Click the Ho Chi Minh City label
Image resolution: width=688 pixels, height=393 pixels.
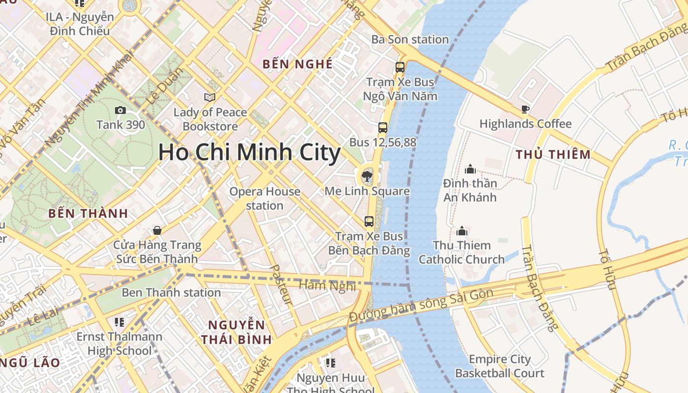[x=249, y=153]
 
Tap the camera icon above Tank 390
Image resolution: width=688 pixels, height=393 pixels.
[x=120, y=111]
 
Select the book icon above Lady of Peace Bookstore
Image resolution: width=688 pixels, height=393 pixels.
[x=210, y=97]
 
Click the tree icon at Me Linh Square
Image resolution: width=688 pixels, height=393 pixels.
[x=367, y=175]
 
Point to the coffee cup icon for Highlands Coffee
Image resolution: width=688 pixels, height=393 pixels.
[x=525, y=109]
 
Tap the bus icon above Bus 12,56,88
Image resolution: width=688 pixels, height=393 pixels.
[x=383, y=128]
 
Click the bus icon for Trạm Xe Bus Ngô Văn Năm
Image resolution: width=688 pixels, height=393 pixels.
[x=400, y=67]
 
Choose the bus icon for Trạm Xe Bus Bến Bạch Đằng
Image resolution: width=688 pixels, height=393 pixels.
[x=369, y=222]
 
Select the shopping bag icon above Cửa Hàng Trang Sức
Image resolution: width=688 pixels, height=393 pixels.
[x=157, y=230]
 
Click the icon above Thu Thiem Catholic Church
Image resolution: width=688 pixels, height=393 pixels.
[x=462, y=231]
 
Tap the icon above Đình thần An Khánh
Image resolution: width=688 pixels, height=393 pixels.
[x=470, y=169]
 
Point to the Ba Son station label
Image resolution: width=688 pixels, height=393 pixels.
[x=410, y=39]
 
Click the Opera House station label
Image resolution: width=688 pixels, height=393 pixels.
[x=265, y=198]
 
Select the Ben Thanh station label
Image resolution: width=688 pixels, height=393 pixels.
[x=171, y=293]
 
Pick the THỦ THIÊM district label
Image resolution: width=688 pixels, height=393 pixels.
[x=553, y=155]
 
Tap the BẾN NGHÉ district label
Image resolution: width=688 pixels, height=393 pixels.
[x=297, y=64]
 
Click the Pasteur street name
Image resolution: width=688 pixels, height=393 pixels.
[x=282, y=284]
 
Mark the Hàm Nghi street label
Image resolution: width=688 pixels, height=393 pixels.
[x=327, y=285]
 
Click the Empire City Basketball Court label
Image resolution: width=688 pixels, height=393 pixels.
[x=499, y=366]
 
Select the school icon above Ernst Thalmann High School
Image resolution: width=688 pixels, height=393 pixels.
[x=119, y=322]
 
